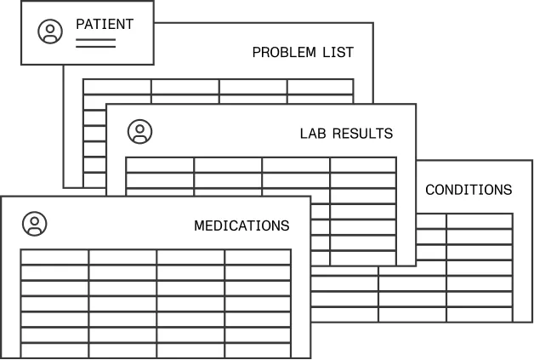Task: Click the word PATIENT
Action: coord(105,24)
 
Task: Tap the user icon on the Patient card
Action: coord(50,31)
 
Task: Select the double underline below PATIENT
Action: coord(96,43)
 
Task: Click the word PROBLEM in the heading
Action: coord(284,52)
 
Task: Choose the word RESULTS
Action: coord(362,134)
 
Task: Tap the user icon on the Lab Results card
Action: coord(140,132)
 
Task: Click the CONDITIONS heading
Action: coord(469,190)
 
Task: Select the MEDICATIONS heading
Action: coord(241,226)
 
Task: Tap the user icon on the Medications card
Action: coord(35,224)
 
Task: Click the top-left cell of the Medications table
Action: coord(54,257)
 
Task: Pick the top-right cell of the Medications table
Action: coord(258,257)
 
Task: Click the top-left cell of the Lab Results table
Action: coord(160,165)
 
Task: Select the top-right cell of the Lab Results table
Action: coord(363,165)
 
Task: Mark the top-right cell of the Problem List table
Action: coord(320,87)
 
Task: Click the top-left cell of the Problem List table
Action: coord(117,87)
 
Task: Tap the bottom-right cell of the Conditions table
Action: coord(480,315)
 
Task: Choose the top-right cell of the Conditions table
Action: coord(480,221)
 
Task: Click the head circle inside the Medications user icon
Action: coord(35,221)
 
